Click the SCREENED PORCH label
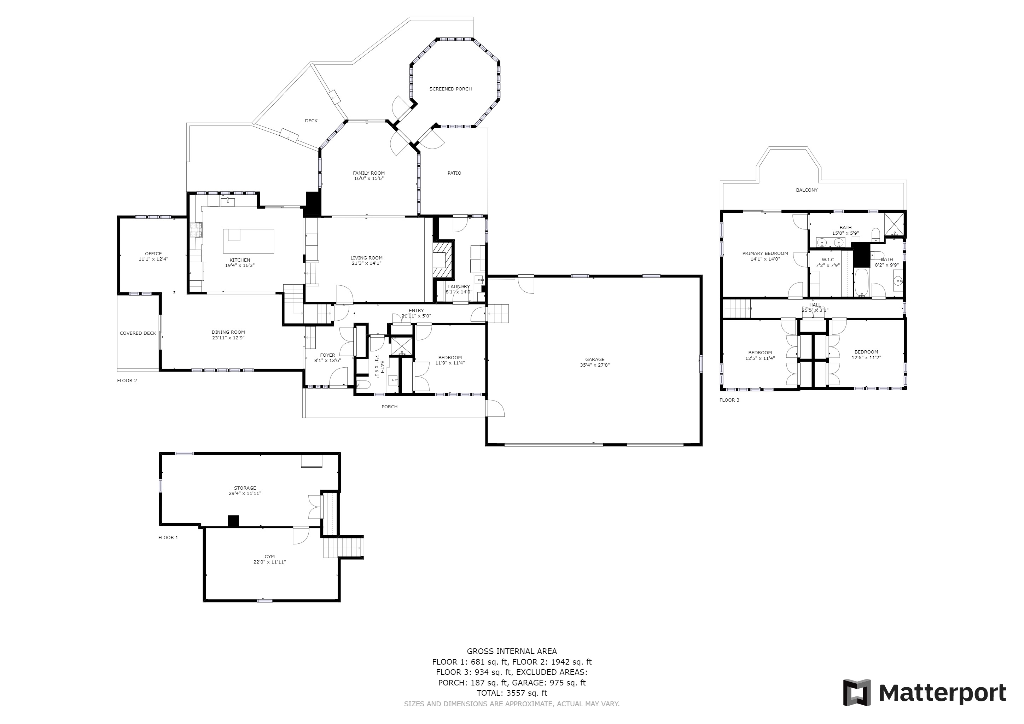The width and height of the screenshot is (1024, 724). [450, 89]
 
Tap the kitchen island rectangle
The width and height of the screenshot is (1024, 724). [249, 241]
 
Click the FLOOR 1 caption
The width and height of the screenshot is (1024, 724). [168, 538]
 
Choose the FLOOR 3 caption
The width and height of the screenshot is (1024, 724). [729, 400]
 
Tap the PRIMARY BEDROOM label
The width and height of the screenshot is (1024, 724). [765, 253]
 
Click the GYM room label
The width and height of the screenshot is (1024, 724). [269, 556]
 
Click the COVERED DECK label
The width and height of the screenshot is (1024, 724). [138, 333]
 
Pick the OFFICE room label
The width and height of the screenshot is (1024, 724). [153, 254]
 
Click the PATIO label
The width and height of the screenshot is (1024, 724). [454, 173]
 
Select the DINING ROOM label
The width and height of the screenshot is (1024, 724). [228, 332]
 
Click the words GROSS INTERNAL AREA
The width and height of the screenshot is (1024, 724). [512, 651]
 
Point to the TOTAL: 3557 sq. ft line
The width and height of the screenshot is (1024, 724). [512, 693]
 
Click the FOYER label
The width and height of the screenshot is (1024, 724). [327, 355]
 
